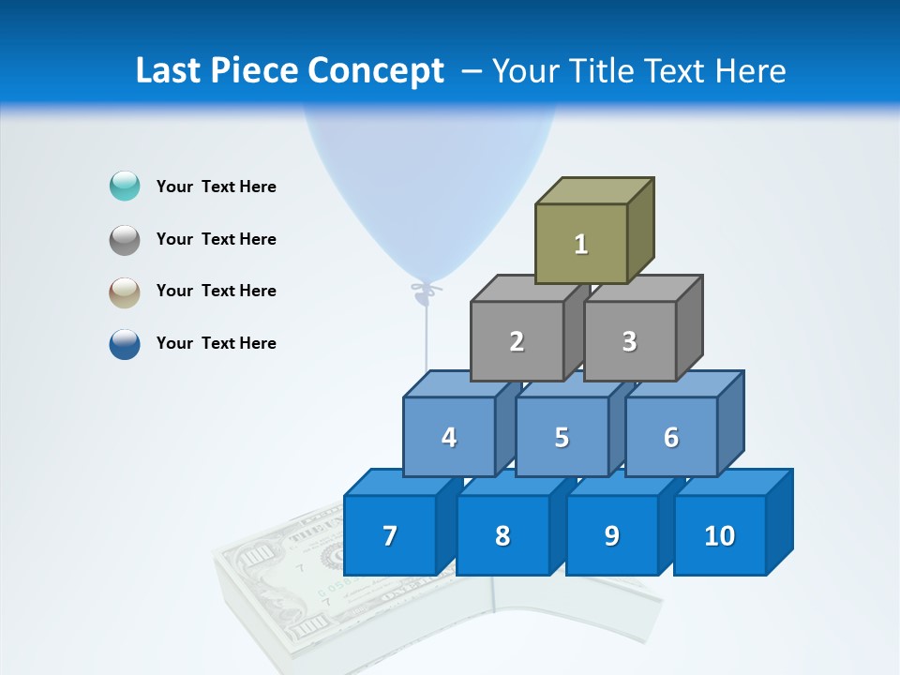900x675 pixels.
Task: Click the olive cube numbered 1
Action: coord(581,244)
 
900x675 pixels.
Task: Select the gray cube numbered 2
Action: coord(517,341)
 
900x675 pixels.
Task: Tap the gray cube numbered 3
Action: coord(629,341)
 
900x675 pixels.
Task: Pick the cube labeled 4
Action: coord(449,437)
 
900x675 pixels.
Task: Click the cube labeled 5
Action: coord(562,437)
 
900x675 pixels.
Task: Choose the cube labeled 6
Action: coord(671,437)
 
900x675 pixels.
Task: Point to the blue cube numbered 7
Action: coord(390,535)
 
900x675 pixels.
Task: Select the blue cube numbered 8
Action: coord(502,535)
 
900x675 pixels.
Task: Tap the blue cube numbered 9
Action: coord(612,535)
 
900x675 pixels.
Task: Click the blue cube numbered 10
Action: coord(720,535)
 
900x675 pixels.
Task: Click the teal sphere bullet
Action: coord(125,187)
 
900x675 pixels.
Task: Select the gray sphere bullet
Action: coord(125,239)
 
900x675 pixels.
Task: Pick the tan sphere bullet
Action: coord(125,292)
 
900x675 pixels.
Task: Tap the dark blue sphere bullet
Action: coord(125,343)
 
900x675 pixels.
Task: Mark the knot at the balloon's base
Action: coord(427,291)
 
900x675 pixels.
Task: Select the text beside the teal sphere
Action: coord(217,187)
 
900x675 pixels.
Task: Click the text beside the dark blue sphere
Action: coord(217,343)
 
